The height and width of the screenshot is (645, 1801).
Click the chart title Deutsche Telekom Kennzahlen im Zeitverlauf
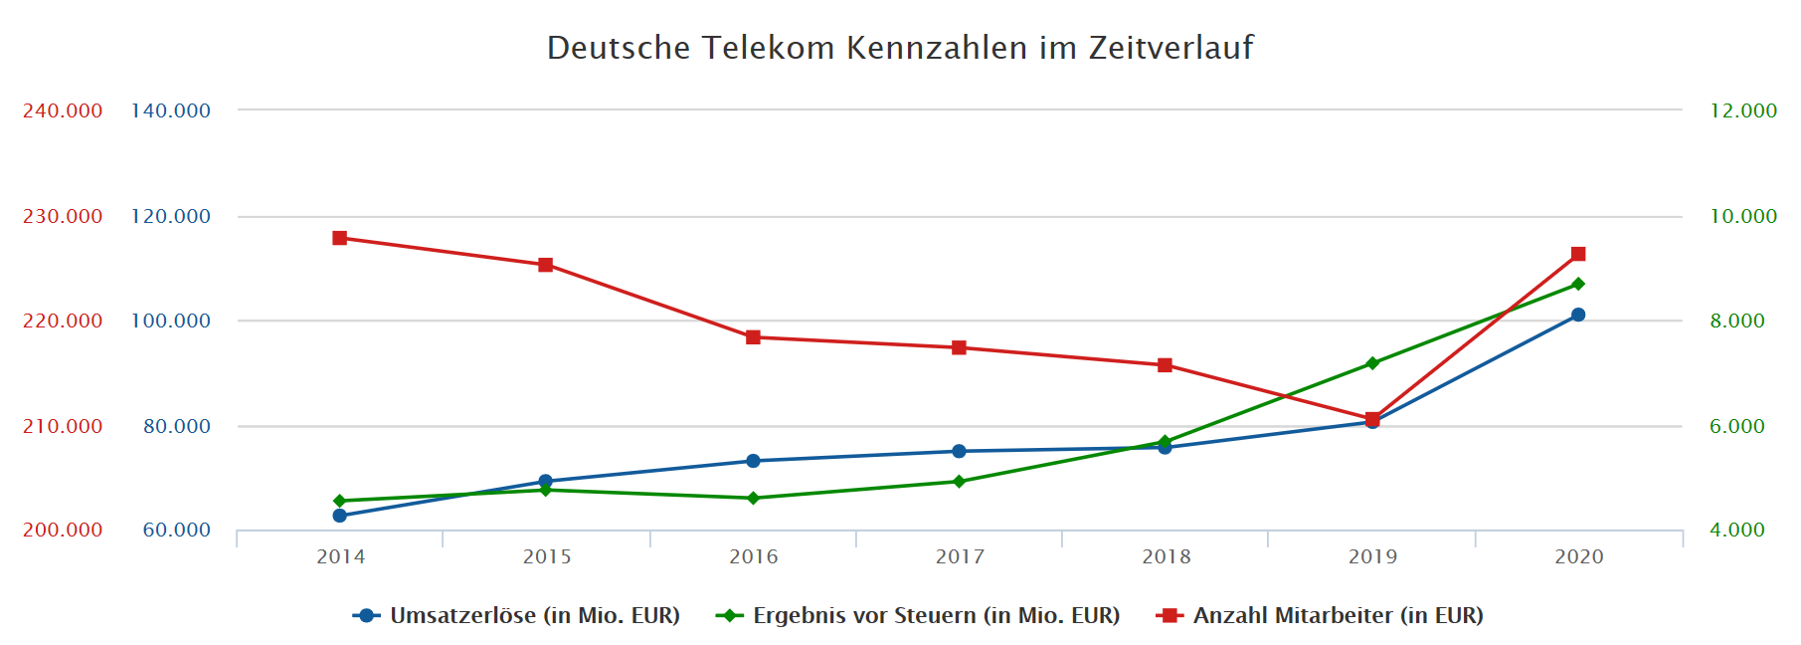click(x=900, y=48)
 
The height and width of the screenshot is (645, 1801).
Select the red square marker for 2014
click(x=340, y=238)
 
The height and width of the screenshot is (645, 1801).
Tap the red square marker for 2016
click(x=753, y=337)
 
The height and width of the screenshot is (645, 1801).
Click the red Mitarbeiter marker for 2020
click(x=1578, y=254)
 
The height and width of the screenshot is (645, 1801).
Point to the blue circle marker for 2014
click(x=340, y=516)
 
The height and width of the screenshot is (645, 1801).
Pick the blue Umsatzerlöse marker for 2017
click(x=959, y=452)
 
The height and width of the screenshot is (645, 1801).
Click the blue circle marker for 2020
click(x=1578, y=316)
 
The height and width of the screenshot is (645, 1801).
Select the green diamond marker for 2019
click(x=1372, y=363)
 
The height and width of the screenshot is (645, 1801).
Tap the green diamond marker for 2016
click(x=753, y=498)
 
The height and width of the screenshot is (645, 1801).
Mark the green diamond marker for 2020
click(x=1578, y=285)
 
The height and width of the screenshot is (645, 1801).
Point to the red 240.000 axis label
click(x=63, y=110)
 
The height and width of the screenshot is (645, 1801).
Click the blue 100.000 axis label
click(x=171, y=321)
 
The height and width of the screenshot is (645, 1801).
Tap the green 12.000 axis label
click(x=1743, y=110)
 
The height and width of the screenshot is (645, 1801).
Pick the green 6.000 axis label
click(x=1737, y=426)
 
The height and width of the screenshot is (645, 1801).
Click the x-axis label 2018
click(x=1166, y=556)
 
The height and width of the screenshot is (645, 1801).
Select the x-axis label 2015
click(x=547, y=556)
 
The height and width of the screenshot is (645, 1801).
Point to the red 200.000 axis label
click(x=63, y=531)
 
